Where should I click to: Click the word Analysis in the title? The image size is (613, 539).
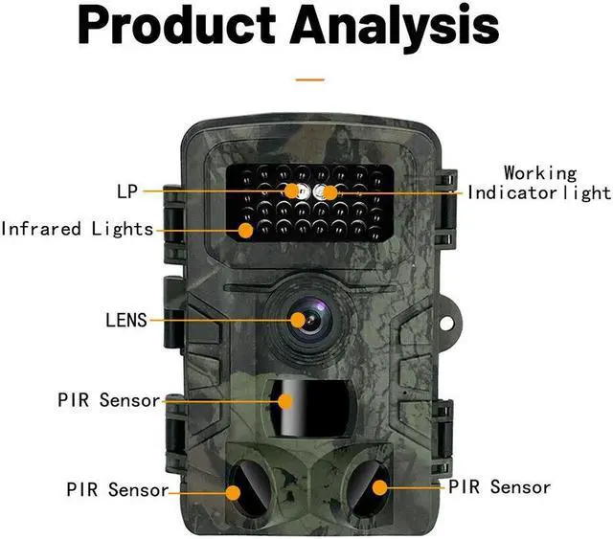coord(394,29)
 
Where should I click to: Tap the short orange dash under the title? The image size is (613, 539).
coord(309,80)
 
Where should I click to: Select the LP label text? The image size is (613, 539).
coord(127,191)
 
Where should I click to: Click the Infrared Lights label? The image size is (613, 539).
coord(78,229)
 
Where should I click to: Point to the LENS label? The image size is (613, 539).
coord(126,319)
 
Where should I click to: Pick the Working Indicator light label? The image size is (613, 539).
coord(539,183)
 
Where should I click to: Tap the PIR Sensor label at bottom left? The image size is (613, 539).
coord(116,489)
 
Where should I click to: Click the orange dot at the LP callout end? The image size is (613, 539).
coord(292,191)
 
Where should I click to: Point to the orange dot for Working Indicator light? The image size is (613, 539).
coord(329,192)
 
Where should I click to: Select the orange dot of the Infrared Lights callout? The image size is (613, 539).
coord(246,230)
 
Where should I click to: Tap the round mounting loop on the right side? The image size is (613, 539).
coord(458,325)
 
